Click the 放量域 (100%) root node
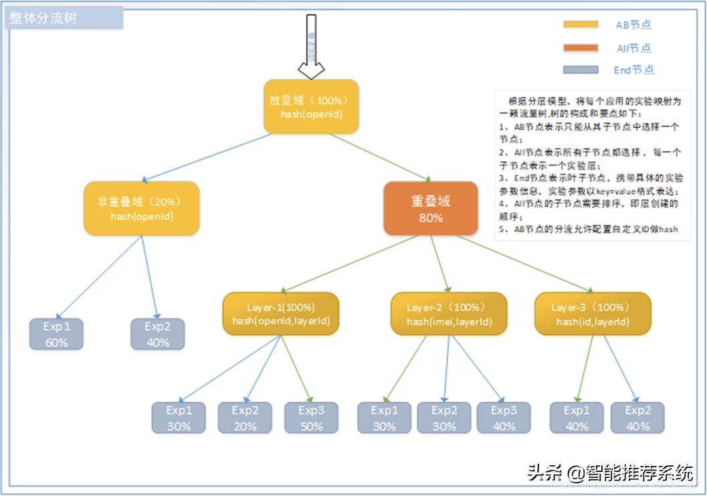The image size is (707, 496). (x=311, y=107)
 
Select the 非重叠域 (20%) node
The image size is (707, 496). (x=141, y=208)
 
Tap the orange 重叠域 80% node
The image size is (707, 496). (x=431, y=208)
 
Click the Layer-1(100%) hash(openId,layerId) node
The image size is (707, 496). (x=281, y=313)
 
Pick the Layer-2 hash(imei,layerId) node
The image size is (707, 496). (x=449, y=313)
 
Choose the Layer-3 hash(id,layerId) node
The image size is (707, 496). (x=593, y=313)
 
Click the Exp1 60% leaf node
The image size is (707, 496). (x=57, y=334)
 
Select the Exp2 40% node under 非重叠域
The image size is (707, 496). (x=157, y=334)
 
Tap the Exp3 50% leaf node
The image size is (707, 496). (x=311, y=418)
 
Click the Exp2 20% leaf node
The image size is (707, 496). (x=245, y=418)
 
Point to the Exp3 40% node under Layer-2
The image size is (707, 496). (x=504, y=418)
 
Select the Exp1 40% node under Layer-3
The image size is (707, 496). (x=577, y=418)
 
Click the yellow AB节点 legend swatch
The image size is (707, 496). (x=580, y=25)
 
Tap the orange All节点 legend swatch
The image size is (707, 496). (x=580, y=48)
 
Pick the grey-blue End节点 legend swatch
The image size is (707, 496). (x=580, y=70)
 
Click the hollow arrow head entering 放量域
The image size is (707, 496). (x=311, y=70)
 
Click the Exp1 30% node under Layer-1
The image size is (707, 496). (x=179, y=418)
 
